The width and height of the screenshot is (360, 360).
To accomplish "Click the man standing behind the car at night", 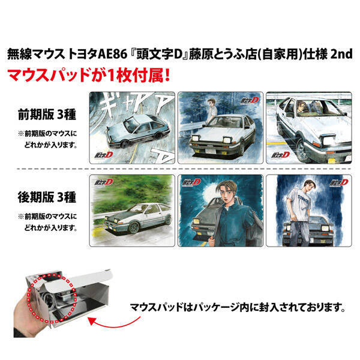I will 210,112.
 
